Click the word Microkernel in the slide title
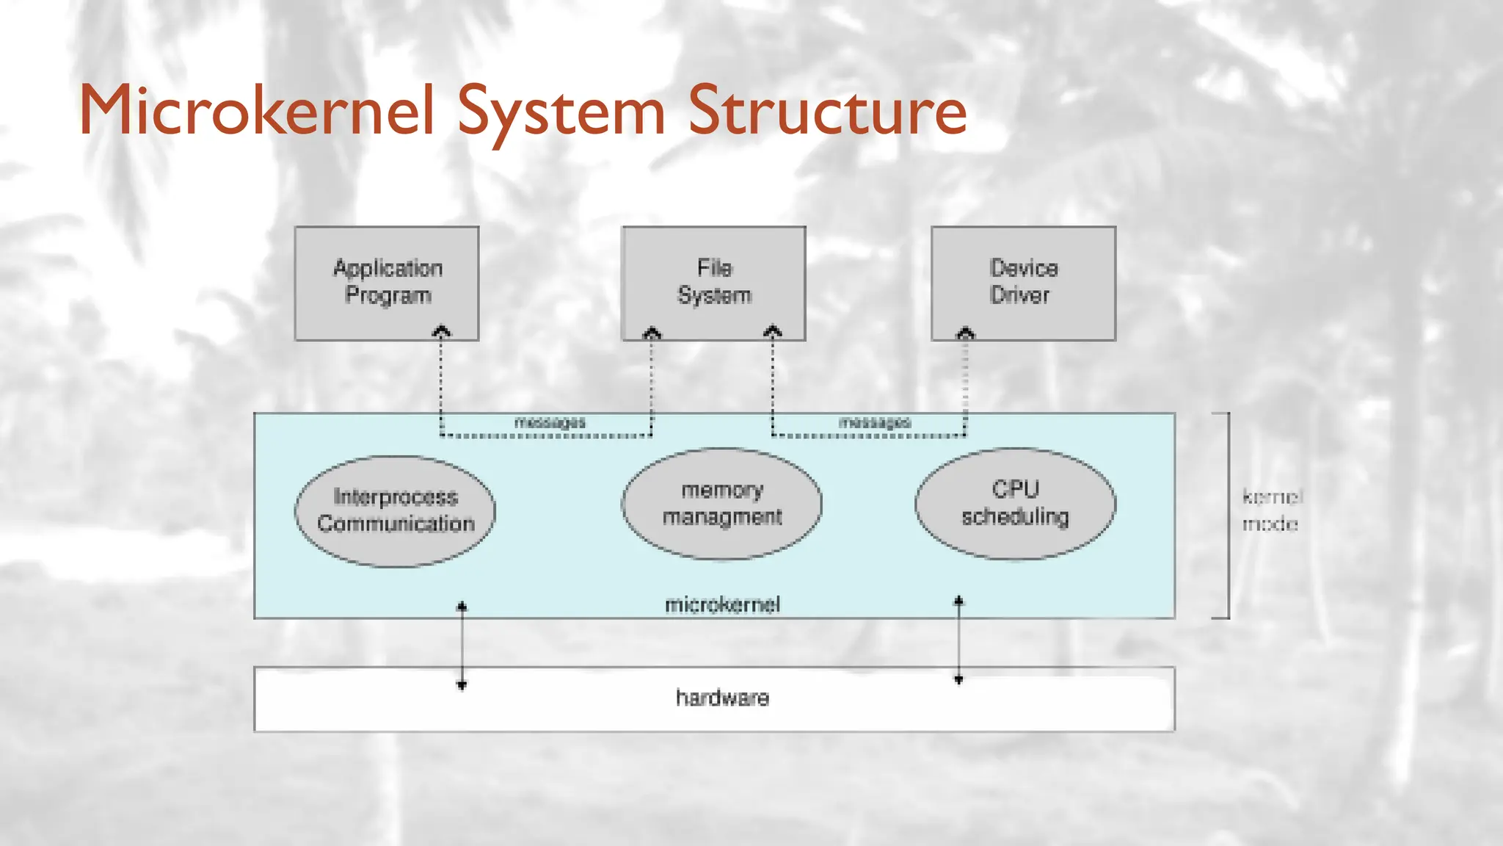(x=257, y=112)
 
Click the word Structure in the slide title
(x=827, y=112)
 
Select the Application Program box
(x=387, y=283)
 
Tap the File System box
(x=713, y=283)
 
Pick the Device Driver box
(x=1023, y=283)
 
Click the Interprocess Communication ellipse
(x=395, y=511)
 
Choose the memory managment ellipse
(x=721, y=504)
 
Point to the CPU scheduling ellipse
(x=1015, y=504)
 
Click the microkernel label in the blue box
(x=722, y=605)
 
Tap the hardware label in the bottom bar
(x=722, y=698)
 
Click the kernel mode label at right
(x=1271, y=510)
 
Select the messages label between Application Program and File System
(x=550, y=422)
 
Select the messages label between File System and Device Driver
(x=874, y=422)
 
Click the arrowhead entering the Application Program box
(x=441, y=332)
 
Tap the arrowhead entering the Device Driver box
(x=966, y=333)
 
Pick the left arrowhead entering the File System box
(x=652, y=333)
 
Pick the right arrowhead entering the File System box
(x=772, y=332)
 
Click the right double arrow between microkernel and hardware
(x=958, y=640)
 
